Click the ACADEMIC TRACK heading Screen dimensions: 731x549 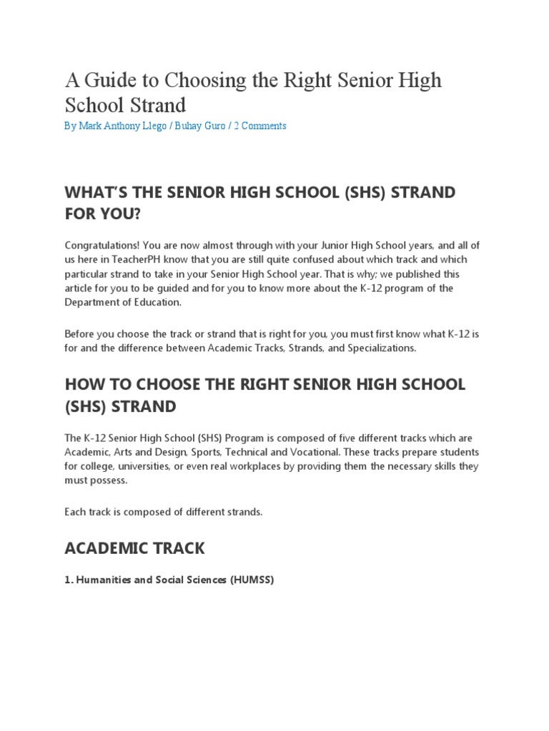click(134, 548)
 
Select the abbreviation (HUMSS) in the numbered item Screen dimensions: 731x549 click(252, 580)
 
